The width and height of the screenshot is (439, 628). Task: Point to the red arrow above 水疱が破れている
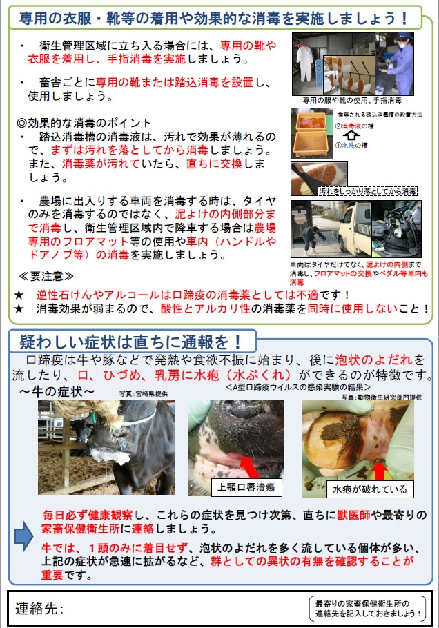[378, 471]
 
